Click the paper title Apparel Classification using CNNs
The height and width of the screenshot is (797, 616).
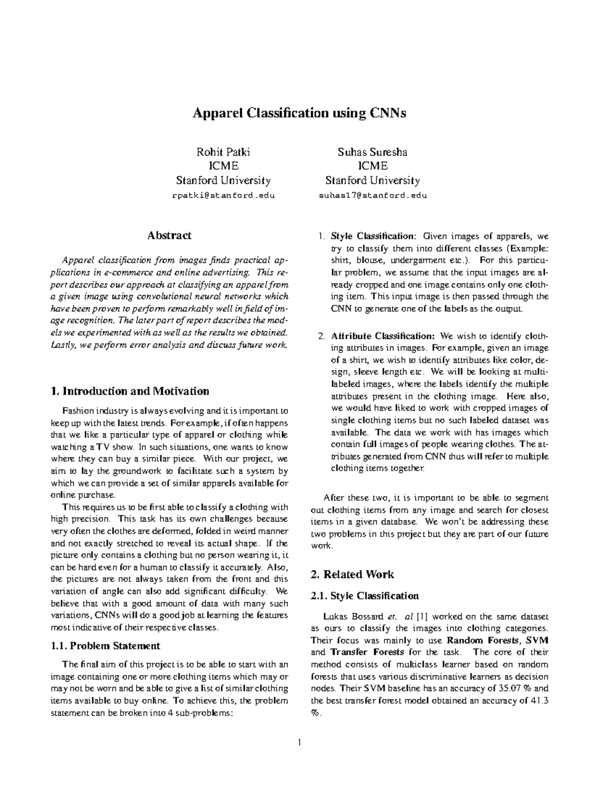299,113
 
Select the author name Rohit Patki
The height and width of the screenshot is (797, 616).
223,152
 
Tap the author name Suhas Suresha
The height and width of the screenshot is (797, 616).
372,152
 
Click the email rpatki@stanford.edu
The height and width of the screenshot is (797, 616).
223,196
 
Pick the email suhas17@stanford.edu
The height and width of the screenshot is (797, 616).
372,196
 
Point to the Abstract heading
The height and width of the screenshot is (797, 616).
169,236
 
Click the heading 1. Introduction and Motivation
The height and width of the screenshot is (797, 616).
130,392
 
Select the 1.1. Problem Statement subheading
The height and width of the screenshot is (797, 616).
106,646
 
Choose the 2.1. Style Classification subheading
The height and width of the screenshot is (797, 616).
365,596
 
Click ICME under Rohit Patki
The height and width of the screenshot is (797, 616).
223,166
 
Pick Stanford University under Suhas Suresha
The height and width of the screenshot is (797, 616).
372,181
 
